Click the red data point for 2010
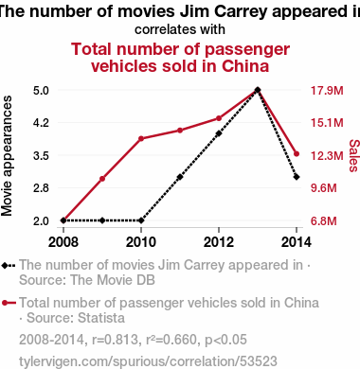click(141, 138)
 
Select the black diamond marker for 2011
click(180, 177)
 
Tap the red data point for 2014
click(297, 154)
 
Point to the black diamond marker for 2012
click(219, 133)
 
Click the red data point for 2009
click(102, 179)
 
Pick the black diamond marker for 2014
click(297, 177)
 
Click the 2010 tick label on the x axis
click(141, 242)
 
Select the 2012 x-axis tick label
click(219, 242)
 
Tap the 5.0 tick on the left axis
click(41, 91)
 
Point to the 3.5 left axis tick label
click(41, 156)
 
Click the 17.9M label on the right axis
click(327, 91)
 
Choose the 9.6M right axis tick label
click(324, 188)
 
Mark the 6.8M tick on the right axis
click(324, 220)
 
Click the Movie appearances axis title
click(7, 156)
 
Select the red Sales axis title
click(354, 156)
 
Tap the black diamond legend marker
click(5, 266)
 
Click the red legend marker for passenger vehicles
click(5, 303)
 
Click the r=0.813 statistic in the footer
click(116, 340)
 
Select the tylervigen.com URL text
click(148, 361)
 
